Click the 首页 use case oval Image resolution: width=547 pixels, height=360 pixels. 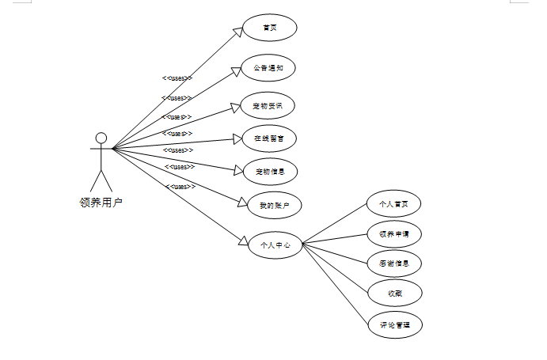(x=269, y=28)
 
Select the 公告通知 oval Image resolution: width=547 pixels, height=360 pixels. (x=269, y=68)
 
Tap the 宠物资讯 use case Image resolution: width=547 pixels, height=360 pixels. (x=269, y=105)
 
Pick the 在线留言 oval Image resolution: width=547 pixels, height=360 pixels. (x=269, y=138)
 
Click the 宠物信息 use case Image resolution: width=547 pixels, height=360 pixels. (x=269, y=171)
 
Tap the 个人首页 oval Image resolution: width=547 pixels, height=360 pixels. (x=394, y=203)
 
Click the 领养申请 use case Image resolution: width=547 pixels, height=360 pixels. (x=394, y=233)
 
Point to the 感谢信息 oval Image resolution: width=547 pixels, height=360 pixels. (x=394, y=263)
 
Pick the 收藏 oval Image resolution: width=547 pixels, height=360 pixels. (x=394, y=294)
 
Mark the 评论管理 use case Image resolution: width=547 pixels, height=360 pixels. (x=394, y=324)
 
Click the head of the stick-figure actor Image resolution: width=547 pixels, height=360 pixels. (x=101, y=138)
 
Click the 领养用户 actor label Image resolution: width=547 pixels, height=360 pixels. (x=101, y=202)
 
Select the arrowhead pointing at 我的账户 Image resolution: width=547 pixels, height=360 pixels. (x=242, y=201)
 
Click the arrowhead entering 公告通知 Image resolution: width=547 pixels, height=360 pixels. (x=235, y=70)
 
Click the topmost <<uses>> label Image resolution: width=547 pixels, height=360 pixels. (x=177, y=78)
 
